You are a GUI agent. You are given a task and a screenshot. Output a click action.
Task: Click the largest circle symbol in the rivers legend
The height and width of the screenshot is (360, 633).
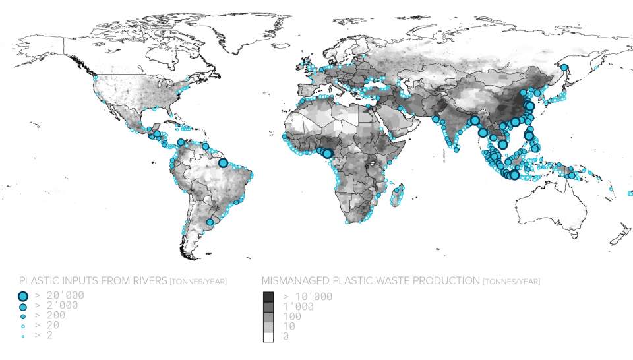pos(23,297)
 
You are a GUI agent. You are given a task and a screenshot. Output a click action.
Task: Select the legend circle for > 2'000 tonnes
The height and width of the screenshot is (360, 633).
pos(23,307)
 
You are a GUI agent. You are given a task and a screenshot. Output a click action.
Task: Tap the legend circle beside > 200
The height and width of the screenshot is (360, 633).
pos(23,317)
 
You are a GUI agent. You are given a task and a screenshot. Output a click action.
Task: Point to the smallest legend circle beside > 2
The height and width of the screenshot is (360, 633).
pos(23,336)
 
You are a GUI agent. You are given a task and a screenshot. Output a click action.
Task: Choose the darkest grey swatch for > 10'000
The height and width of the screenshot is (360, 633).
pos(268,297)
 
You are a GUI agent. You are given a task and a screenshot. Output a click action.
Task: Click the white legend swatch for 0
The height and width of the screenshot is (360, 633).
pos(268,336)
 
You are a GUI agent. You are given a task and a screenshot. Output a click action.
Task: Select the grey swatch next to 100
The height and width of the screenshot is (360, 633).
pos(268,316)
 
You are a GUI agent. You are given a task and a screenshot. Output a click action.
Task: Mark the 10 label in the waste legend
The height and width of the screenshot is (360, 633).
pos(288,326)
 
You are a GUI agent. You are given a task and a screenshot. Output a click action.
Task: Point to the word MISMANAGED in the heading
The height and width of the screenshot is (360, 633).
pos(297,281)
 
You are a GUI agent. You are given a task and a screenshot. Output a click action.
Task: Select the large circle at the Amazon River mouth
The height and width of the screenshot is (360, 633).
pos(223,162)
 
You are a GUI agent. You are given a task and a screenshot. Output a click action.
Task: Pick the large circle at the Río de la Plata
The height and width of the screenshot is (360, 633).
pos(210,222)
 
